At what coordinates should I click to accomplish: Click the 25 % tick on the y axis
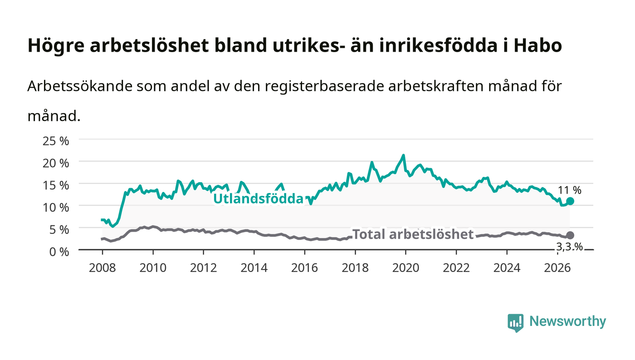pos(56,141)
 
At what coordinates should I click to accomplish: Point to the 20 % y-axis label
pos(56,163)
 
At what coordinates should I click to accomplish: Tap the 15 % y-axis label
pos(56,185)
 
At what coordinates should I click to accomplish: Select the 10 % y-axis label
pos(56,208)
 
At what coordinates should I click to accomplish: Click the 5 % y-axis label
pos(59,229)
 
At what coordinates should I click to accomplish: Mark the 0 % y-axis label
pos(59,252)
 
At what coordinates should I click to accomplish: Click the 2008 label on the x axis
pos(103,268)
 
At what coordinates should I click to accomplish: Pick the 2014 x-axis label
pos(254,268)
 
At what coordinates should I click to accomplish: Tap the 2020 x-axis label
pos(405,268)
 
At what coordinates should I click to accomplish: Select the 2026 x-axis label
pos(557,268)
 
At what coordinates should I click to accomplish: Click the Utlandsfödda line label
pos(258,199)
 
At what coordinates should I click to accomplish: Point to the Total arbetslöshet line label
pos(413,234)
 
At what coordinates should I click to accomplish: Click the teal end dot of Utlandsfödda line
pos(570,201)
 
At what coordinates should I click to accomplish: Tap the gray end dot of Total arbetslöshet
pos(570,235)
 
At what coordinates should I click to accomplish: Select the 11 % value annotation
pos(570,190)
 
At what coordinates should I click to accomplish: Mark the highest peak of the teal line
pos(403,156)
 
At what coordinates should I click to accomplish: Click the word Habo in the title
pos(538,45)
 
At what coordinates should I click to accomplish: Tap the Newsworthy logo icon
pos(515,323)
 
